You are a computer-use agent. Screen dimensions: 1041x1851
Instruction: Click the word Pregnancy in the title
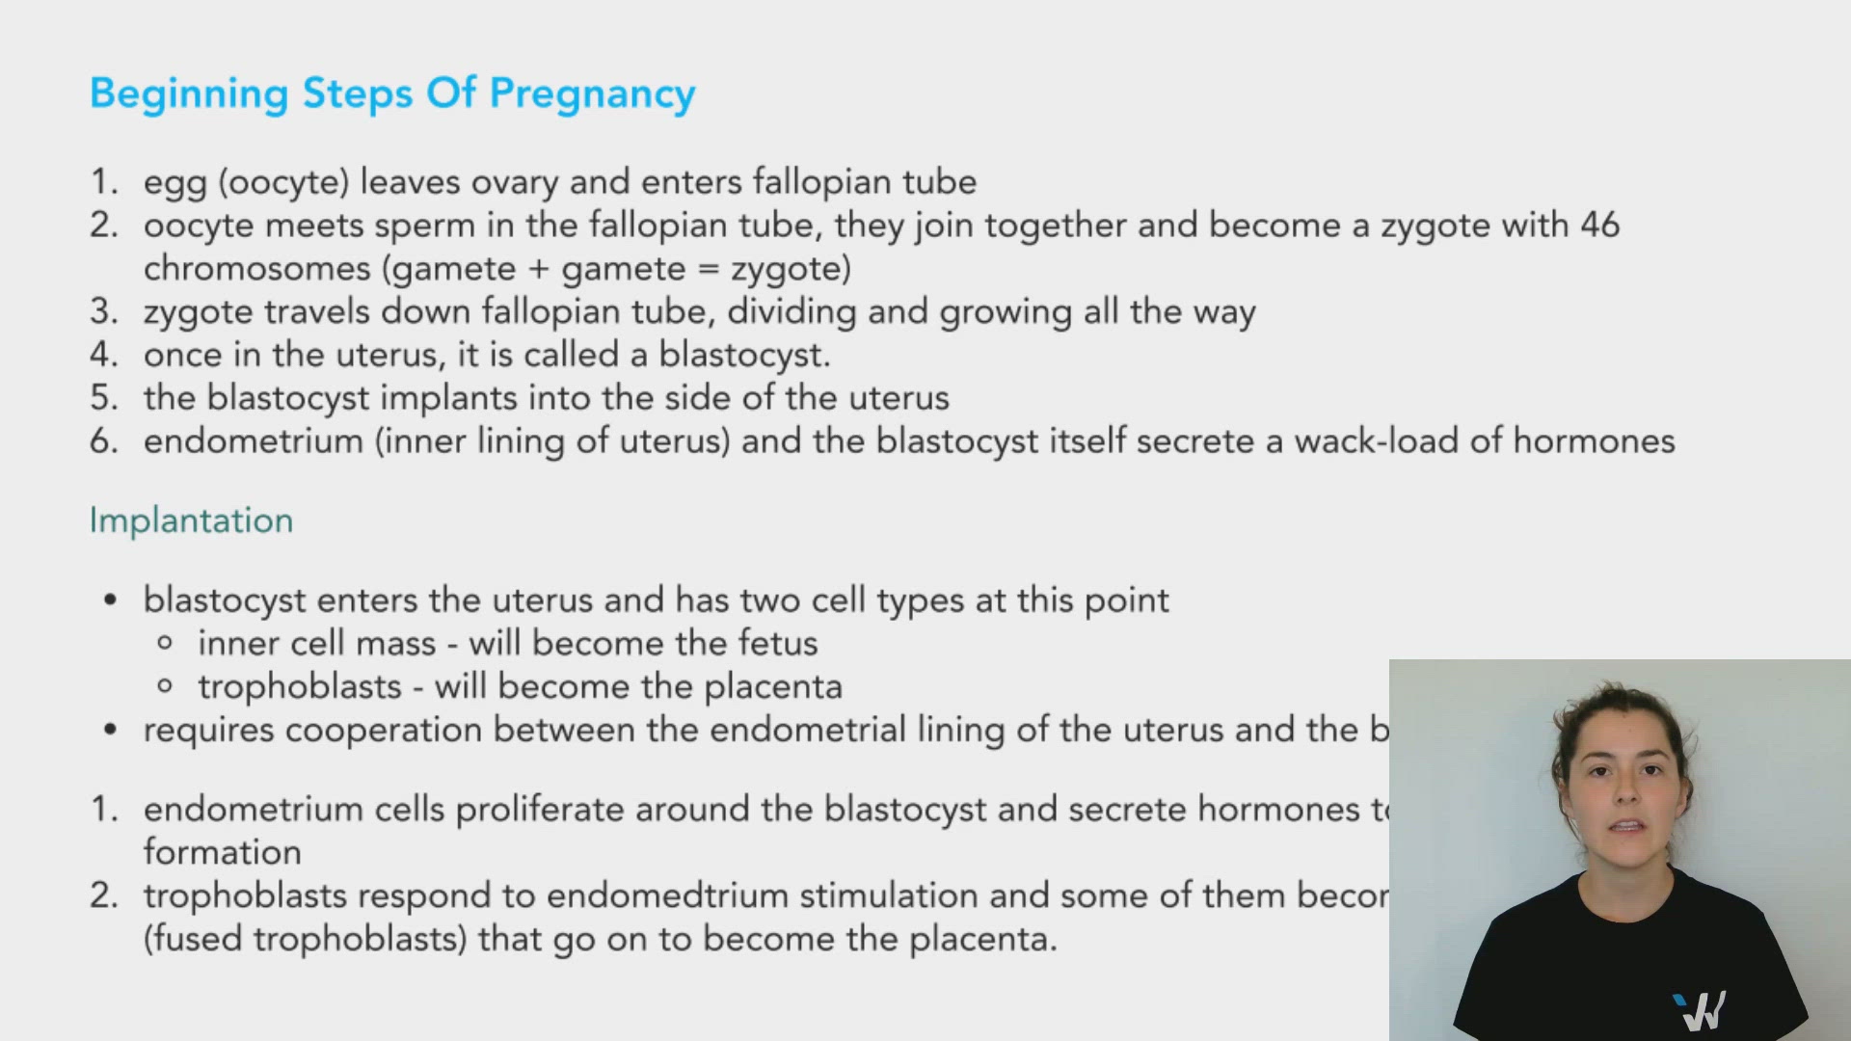tap(592, 94)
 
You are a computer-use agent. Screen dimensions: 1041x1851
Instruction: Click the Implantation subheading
tap(191, 520)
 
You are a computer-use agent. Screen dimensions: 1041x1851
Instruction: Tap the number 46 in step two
tap(1599, 226)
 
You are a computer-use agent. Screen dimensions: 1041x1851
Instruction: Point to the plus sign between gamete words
tap(538, 269)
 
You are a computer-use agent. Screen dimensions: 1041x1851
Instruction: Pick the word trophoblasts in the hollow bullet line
tap(299, 687)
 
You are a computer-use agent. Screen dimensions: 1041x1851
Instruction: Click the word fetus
tap(778, 643)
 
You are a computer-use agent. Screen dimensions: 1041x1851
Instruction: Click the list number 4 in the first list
tap(101, 355)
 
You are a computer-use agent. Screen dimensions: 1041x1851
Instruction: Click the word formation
tap(222, 852)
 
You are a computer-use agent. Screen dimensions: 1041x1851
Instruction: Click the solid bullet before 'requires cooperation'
tap(110, 731)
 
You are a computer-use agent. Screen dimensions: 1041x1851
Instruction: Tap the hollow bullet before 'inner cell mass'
tap(165, 643)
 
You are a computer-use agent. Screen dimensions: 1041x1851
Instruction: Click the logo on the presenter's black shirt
tap(1700, 1010)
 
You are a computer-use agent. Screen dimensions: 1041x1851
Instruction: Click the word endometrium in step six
tap(254, 441)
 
